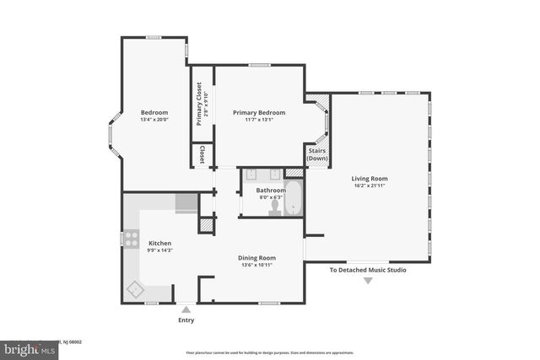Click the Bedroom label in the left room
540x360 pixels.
[x=154, y=112]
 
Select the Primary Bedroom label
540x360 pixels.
[x=259, y=112]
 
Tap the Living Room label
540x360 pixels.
[x=370, y=178]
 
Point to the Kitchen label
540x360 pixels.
[x=160, y=243]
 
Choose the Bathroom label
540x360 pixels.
[x=271, y=190]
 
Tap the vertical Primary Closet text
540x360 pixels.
[x=199, y=104]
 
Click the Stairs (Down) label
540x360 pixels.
[x=317, y=154]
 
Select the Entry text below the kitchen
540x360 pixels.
[x=186, y=320]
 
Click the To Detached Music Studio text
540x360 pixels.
[x=368, y=270]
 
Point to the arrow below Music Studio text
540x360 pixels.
[x=368, y=281]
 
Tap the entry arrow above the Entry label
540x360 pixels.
[x=186, y=309]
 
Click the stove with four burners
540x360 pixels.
[x=132, y=239]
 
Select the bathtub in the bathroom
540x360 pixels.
[x=293, y=200]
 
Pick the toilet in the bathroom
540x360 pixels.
[x=275, y=209]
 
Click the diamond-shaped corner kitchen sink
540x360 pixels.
[x=135, y=289]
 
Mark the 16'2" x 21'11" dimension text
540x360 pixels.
[x=370, y=185]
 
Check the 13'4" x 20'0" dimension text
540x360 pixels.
[x=154, y=120]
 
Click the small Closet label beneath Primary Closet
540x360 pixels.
[x=202, y=154]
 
